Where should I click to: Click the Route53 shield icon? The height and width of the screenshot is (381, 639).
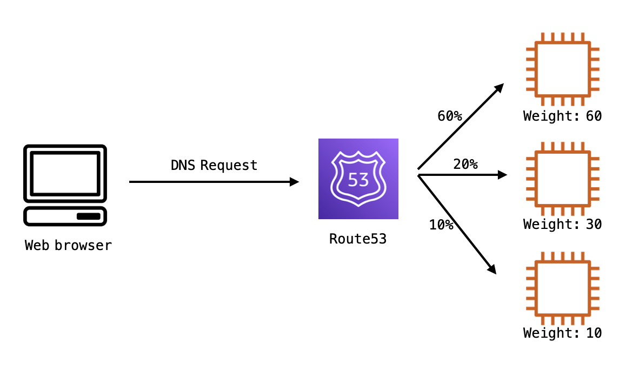tap(358, 179)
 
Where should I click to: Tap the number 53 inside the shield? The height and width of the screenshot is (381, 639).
tap(358, 180)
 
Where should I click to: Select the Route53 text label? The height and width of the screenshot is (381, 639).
tap(358, 239)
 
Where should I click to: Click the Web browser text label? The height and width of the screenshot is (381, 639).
tap(68, 245)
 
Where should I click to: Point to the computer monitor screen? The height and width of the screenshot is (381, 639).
tap(65, 173)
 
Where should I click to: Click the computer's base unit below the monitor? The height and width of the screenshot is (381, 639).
tap(65, 216)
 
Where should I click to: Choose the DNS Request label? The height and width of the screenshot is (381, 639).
tap(214, 165)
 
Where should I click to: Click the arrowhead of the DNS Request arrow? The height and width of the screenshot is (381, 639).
tap(295, 182)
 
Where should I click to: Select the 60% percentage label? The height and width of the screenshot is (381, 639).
tap(449, 116)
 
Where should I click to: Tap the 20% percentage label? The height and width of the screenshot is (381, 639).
tap(465, 164)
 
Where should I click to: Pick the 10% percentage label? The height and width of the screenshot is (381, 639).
tap(441, 225)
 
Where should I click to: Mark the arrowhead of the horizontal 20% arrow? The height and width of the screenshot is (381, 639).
tap(502, 175)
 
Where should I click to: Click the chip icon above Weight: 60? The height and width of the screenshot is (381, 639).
tap(562, 69)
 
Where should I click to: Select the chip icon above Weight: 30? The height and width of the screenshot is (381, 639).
tap(562, 179)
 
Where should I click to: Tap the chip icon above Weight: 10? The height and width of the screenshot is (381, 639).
tap(562, 288)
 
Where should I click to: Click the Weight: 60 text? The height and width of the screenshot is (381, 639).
tap(562, 116)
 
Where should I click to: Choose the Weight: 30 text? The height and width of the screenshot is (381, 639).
tap(562, 224)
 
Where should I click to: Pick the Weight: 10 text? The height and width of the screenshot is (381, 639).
tap(562, 333)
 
